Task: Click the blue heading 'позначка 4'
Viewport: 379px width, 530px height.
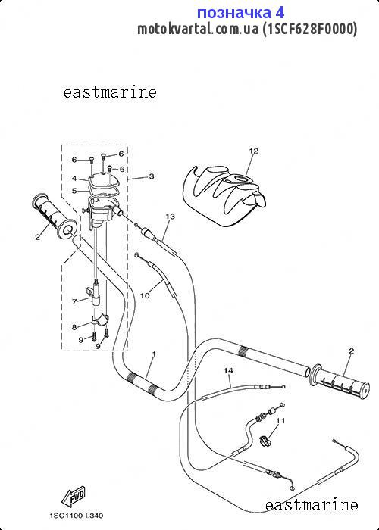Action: [x=240, y=13]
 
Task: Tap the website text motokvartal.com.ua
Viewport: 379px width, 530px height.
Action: [x=198, y=30]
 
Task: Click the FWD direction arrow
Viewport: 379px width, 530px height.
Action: [x=74, y=495]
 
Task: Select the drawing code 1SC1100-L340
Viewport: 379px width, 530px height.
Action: [x=76, y=516]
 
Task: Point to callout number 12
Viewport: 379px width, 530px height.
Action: [x=253, y=151]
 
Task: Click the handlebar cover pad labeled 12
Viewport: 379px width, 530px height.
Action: [x=224, y=195]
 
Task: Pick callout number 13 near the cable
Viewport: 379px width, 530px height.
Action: [x=171, y=216]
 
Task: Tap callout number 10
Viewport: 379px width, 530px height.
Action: [x=145, y=295]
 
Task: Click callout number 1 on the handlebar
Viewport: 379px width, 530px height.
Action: [x=154, y=354]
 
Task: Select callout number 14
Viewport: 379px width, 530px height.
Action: [x=228, y=371]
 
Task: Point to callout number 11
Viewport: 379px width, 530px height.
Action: [x=280, y=421]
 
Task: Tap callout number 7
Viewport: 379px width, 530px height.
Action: [x=74, y=302]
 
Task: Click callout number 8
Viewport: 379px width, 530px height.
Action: [x=74, y=327]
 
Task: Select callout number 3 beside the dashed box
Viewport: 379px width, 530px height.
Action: [x=152, y=176]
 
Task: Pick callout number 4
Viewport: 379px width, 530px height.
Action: [x=74, y=179]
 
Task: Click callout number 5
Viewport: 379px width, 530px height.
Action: [x=74, y=191]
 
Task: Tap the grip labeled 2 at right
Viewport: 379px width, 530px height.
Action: [x=340, y=380]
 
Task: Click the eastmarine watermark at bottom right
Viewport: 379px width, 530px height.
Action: [x=312, y=505]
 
